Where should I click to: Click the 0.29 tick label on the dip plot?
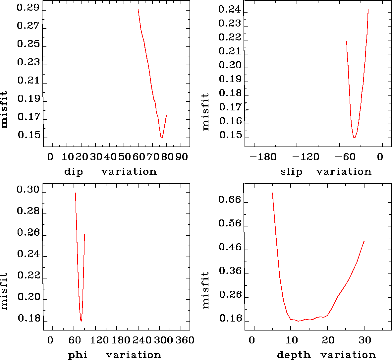tap(28, 8)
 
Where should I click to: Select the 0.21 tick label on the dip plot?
tap(28, 81)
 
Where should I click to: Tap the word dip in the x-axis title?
tap(74, 172)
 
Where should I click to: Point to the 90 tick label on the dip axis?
tap(182, 156)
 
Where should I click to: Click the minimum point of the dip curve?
tap(162, 138)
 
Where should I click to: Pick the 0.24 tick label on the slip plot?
tap(230, 9)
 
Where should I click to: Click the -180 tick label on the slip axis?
tap(263, 156)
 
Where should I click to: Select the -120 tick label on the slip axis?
tap(305, 156)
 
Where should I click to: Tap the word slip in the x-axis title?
tap(291, 172)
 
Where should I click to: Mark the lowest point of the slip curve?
tap(354, 138)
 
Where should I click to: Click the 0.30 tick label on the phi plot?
tap(28, 190)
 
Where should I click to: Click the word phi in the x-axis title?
tap(78, 355)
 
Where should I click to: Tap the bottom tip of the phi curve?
tap(81, 321)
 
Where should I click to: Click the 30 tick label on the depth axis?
tap(364, 340)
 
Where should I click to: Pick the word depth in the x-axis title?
tap(294, 355)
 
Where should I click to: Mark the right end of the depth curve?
tap(364, 241)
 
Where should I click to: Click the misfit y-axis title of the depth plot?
tap(206, 290)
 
